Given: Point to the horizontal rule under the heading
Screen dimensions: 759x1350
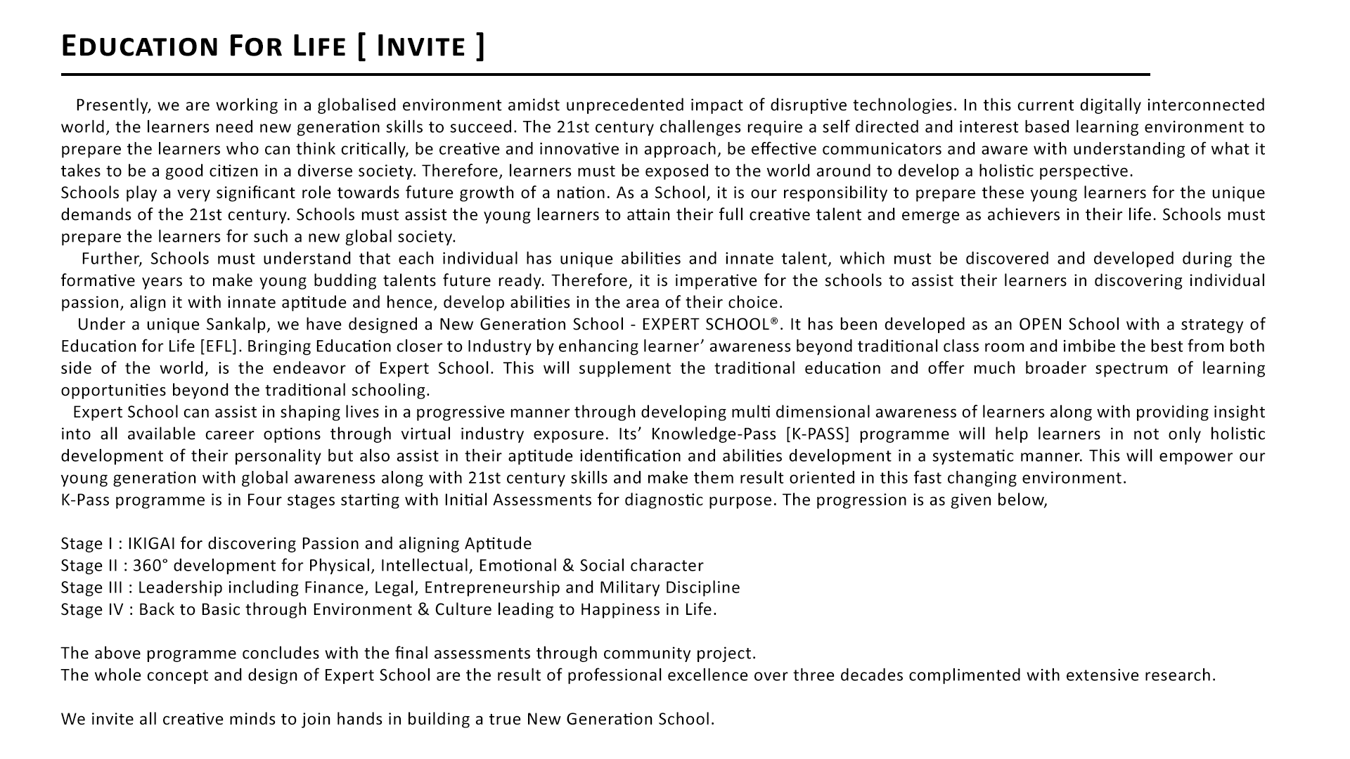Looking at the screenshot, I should (605, 74).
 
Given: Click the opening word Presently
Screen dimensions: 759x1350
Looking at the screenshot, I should (113, 105).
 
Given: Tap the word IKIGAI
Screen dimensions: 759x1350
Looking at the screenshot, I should (152, 544).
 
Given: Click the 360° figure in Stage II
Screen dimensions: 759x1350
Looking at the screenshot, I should (148, 566).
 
